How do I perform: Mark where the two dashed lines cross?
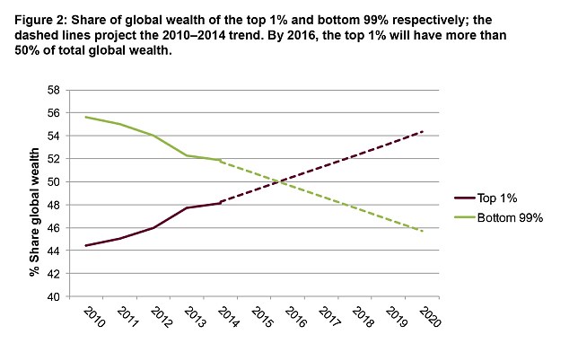pos(281,181)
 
